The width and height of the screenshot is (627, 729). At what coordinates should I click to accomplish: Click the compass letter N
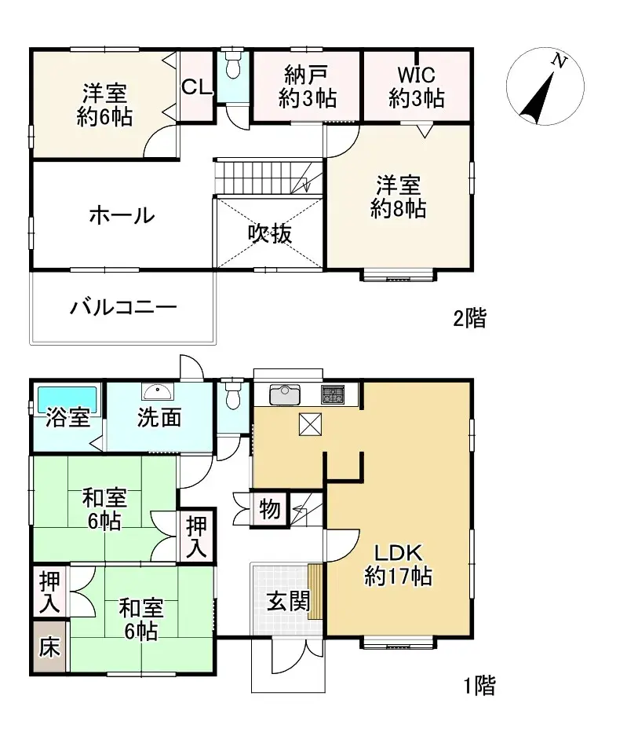coord(559,61)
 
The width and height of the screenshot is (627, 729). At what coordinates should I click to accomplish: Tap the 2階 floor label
coord(469,319)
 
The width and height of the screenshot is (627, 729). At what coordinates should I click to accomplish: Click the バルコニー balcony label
coord(122,307)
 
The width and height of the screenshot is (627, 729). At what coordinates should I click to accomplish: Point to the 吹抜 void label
coord(270,233)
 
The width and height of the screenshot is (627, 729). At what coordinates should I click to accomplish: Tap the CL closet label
coord(197,86)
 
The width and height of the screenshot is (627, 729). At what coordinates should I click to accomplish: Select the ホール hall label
coord(121,214)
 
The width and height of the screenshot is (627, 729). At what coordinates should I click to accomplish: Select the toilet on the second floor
coord(232,67)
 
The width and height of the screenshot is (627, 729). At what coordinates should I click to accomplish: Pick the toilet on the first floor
coord(232,395)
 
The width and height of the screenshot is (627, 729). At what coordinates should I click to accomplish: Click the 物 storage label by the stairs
coord(269,510)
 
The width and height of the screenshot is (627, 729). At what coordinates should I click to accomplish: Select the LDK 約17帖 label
coord(397,564)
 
